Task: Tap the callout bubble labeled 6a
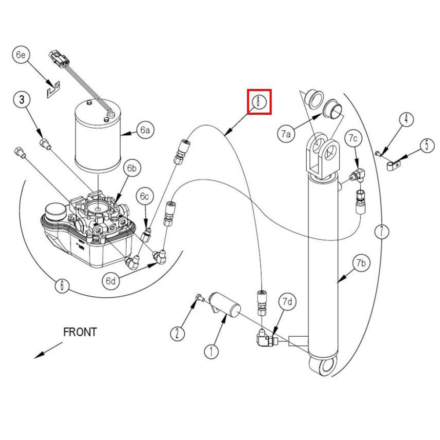coord(145,130)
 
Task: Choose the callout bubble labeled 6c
coord(144,196)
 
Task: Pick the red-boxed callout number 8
coord(259,102)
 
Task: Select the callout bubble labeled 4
coord(407,119)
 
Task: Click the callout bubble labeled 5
coord(426,146)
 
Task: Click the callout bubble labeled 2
coord(177,334)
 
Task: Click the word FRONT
coord(80,332)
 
